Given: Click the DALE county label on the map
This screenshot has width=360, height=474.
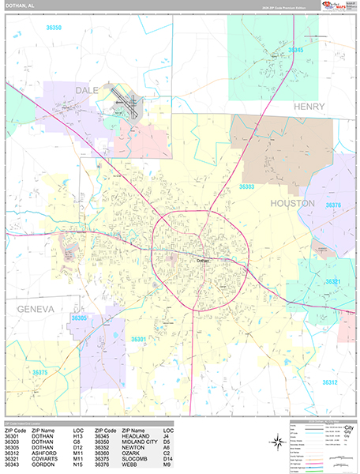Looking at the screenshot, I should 87,91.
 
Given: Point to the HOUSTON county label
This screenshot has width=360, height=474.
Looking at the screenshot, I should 293,203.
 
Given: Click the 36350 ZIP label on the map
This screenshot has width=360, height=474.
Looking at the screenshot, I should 54,28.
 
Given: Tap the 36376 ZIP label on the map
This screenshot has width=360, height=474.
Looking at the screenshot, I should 333,205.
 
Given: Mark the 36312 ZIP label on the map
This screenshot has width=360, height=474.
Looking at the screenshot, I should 329,382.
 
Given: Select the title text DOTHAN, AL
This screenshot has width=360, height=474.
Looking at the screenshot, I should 19,6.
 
